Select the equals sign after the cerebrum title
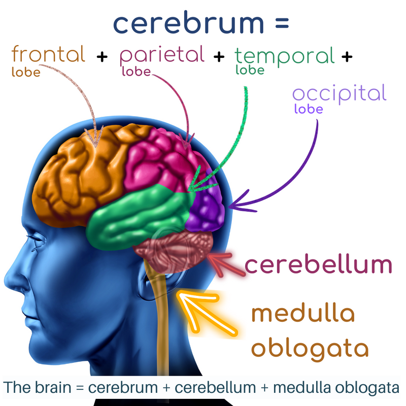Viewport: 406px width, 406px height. tap(282, 23)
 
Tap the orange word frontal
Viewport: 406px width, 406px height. tap(48, 54)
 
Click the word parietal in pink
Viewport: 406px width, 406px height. tap(162, 55)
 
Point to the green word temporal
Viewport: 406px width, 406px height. tap(285, 57)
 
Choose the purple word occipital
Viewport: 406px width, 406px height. tap(340, 94)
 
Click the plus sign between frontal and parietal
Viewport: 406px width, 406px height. tap(102, 57)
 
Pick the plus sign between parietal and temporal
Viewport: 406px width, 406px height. tap(219, 57)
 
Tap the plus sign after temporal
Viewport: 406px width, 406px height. tap(347, 57)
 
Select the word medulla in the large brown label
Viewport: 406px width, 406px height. tap(303, 313)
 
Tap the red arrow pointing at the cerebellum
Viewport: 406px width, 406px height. tap(225, 264)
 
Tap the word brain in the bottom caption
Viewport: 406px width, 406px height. tap(53, 388)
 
